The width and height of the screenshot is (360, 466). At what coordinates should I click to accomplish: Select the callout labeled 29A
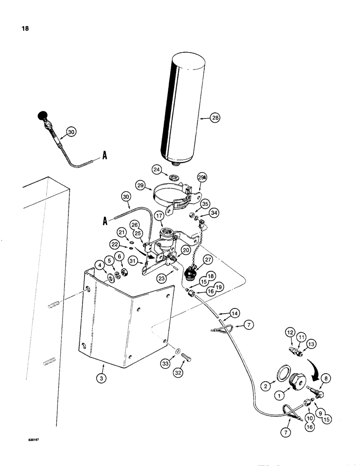coord(202,178)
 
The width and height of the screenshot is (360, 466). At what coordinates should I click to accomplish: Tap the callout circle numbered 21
coord(120,232)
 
